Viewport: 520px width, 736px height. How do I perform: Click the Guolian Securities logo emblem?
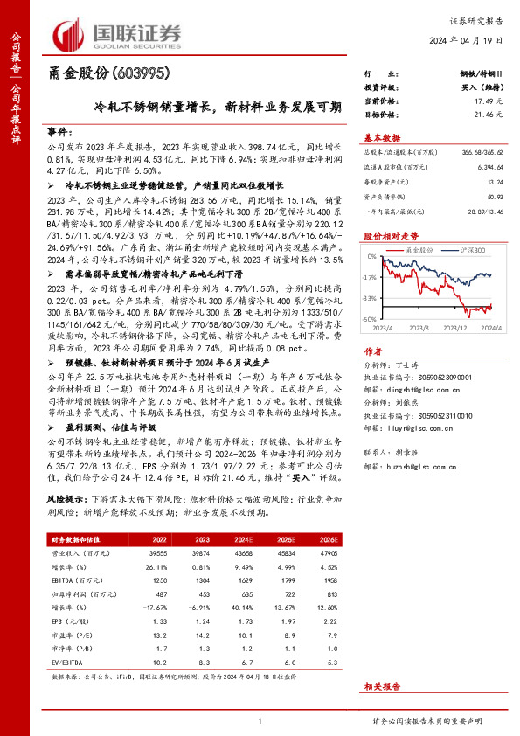click(69, 32)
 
